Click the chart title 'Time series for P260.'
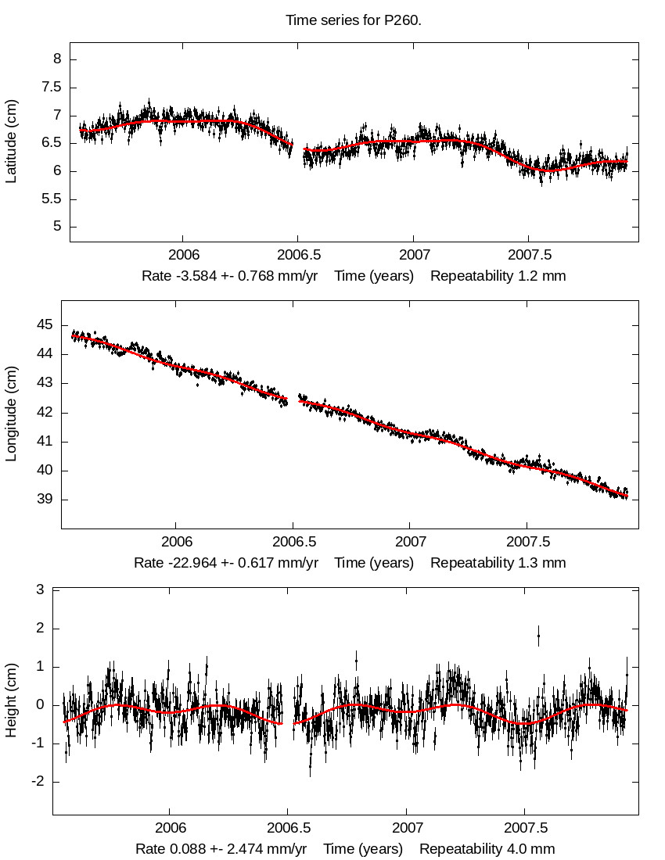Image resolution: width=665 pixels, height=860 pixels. pos(353,20)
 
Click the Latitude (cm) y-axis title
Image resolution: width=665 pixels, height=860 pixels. pos(11,142)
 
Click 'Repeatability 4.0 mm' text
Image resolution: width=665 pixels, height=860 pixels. pos(487,849)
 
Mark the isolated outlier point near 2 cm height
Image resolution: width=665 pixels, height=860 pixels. pos(538,636)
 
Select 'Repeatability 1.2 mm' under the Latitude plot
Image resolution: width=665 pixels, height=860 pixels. pos(498,276)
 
